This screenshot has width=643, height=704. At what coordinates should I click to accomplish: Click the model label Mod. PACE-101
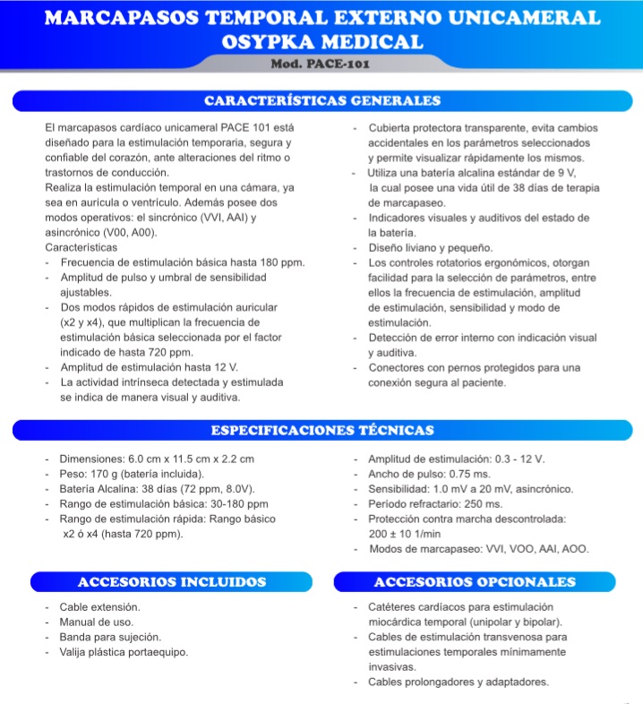320,64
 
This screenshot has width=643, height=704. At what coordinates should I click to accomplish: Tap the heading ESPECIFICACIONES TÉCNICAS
321,430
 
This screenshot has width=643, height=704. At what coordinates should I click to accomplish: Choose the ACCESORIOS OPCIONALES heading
475,582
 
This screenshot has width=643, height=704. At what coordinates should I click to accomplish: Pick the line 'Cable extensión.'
99,607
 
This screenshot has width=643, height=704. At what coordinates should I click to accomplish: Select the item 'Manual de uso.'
96,622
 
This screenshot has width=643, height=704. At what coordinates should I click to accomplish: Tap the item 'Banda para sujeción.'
110,637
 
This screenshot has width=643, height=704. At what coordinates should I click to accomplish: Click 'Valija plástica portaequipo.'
124,652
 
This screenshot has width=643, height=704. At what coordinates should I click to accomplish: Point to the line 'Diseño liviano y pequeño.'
442,247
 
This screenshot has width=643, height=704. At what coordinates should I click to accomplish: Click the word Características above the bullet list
81,246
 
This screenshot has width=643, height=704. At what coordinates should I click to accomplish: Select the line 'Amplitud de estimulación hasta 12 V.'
149,367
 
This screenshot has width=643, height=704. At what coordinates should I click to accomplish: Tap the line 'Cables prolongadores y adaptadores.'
459,683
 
